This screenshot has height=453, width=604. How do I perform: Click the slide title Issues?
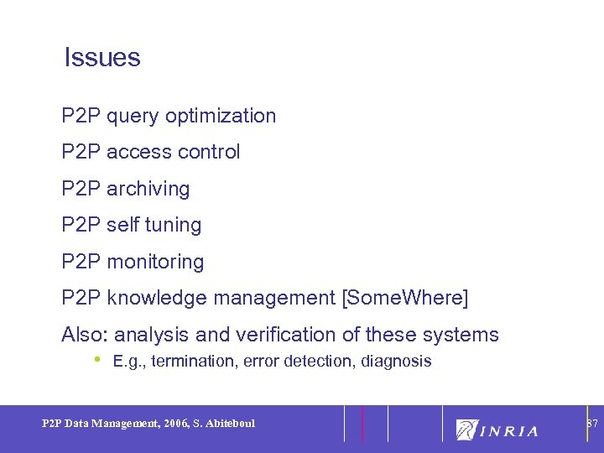click(102, 58)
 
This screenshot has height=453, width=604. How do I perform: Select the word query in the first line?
click(133, 117)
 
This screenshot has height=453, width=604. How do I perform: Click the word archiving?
click(148, 190)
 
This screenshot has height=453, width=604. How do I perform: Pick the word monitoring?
click(155, 263)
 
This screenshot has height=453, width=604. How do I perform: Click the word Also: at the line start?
click(85, 335)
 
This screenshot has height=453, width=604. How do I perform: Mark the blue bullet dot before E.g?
click(97, 359)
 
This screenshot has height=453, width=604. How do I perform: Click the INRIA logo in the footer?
click(497, 430)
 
